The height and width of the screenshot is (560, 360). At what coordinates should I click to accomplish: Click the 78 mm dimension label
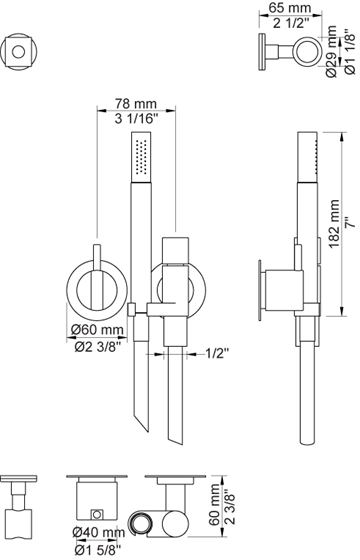135,104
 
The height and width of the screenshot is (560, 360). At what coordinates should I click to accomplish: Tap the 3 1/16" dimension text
136,118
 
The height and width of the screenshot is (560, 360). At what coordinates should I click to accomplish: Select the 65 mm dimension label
290,8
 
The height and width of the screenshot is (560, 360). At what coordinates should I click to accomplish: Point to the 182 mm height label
334,224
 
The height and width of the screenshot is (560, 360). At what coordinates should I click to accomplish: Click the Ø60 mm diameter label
96,329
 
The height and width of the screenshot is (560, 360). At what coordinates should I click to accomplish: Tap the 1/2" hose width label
217,354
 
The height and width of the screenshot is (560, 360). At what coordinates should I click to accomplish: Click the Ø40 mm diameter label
99,532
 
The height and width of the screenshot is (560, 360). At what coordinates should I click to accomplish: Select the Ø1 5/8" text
98,549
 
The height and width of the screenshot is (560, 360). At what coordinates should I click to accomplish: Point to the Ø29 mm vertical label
331,51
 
